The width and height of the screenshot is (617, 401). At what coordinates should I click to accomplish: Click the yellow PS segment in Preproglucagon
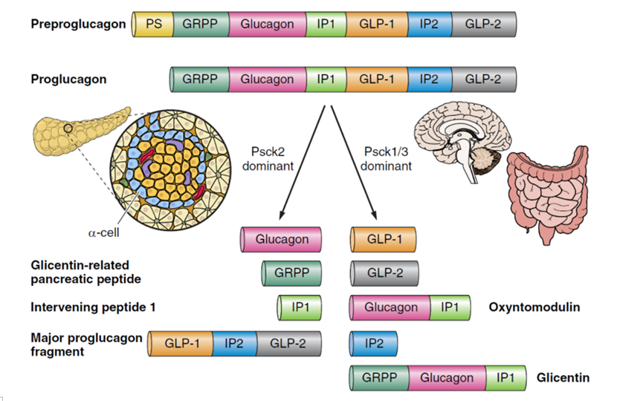(153, 25)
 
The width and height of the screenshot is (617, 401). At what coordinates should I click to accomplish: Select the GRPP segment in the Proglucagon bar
(199, 79)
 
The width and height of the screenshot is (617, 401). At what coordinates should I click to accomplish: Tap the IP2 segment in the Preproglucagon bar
(428, 25)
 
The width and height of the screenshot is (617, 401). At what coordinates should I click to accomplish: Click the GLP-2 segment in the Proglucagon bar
(484, 79)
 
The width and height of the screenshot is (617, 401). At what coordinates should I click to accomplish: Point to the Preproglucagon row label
(78, 24)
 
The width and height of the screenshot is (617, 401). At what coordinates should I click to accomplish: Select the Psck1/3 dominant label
(386, 158)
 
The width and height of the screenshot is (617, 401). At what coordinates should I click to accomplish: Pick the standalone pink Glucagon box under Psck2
(282, 240)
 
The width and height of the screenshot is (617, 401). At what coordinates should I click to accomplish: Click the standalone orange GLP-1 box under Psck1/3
(383, 240)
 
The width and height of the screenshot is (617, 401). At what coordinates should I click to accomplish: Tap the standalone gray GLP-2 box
(384, 273)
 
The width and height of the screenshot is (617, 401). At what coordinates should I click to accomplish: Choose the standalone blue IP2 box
(373, 344)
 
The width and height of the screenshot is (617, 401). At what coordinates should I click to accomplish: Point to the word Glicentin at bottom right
(563, 378)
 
